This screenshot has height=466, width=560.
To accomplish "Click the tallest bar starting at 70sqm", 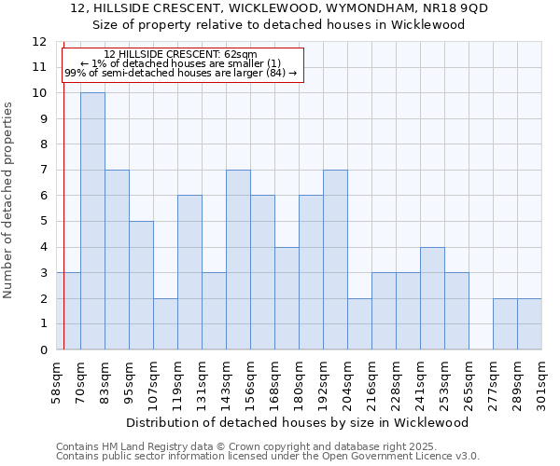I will tap(92, 221).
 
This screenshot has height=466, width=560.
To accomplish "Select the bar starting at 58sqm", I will tap(68, 311).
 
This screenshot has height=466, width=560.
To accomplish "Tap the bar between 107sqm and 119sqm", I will tap(165, 323).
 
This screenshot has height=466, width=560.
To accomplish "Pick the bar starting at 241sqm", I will tap(432, 298).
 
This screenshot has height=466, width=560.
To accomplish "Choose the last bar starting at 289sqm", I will tap(529, 323).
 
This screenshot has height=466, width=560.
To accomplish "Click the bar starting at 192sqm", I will tap(335, 260).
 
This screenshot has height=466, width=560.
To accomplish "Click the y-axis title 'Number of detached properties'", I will tap(9, 200).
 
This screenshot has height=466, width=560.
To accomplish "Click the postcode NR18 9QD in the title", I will tap(455, 8).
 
